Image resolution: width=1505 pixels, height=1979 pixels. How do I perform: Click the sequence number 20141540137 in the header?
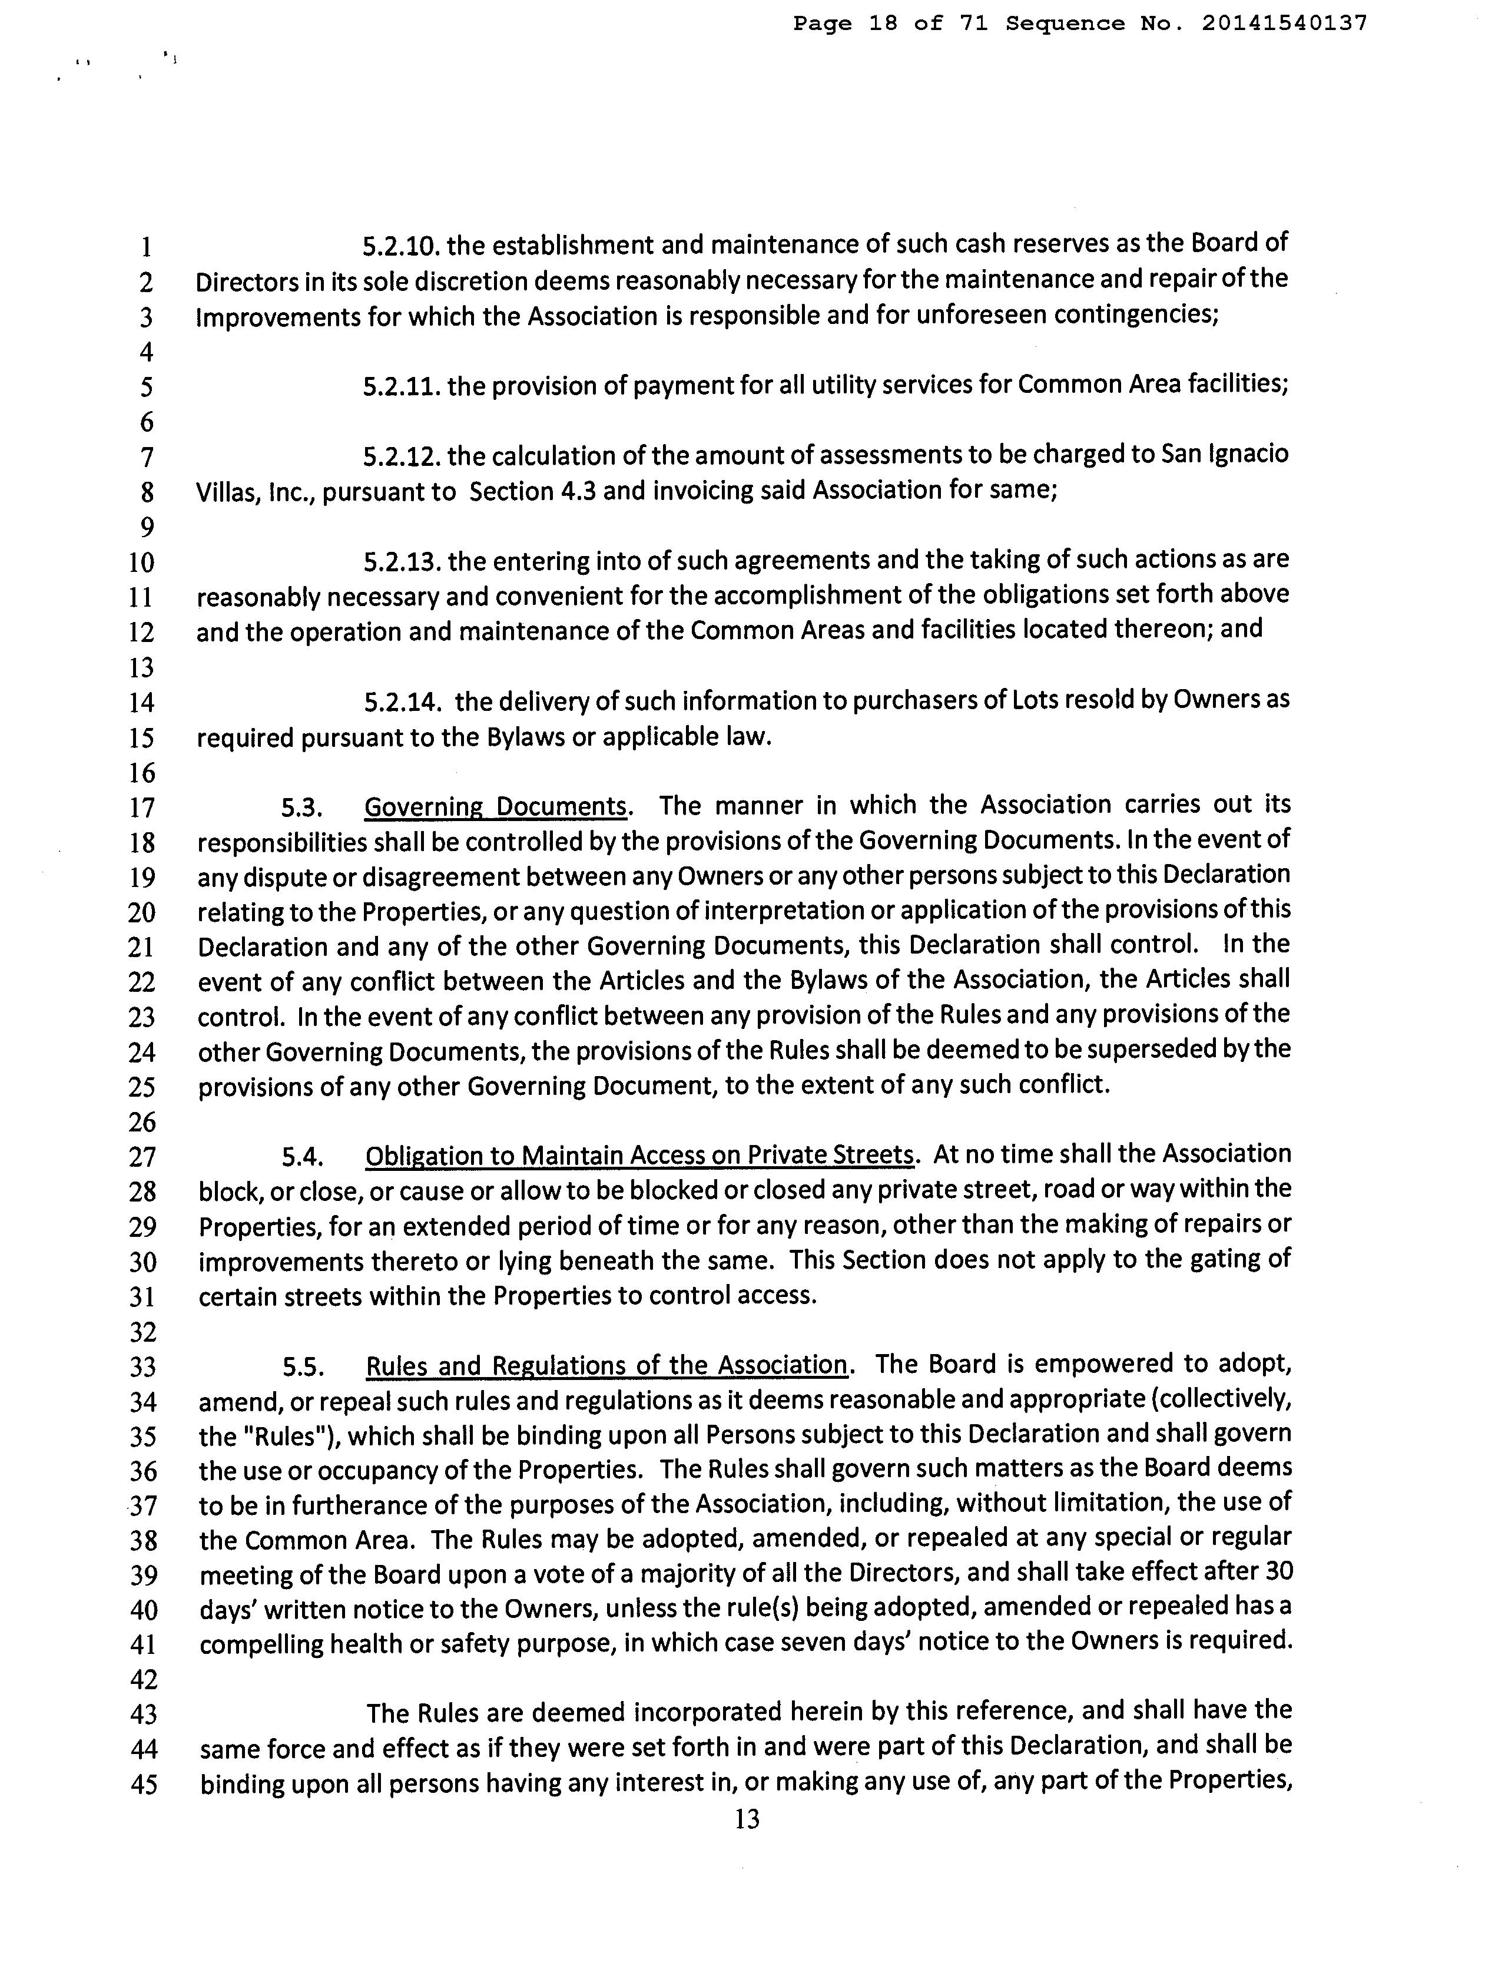point(1284,24)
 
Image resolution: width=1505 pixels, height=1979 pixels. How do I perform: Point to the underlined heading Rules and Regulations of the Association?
point(606,1365)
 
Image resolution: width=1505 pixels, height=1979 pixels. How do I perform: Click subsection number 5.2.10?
point(402,244)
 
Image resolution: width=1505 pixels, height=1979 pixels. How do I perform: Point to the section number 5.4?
point(302,1157)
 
